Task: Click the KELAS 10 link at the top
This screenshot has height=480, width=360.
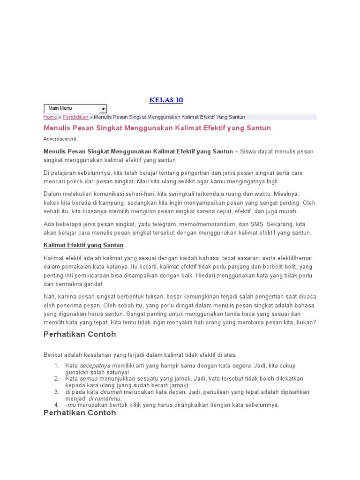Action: tap(166, 100)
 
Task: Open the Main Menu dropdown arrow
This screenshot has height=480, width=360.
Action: tap(103, 109)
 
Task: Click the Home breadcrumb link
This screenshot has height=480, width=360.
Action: tap(50, 117)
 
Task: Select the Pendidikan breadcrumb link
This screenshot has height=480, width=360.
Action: tap(75, 117)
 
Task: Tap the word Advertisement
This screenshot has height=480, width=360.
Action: tap(60, 139)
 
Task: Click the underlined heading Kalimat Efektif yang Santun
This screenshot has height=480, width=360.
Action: tap(83, 245)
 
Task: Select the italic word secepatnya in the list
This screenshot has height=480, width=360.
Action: tap(95, 366)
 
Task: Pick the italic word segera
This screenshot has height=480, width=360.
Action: tap(242, 366)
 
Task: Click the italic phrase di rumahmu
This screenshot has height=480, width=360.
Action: tap(105, 398)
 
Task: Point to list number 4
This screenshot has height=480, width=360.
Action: tap(56, 405)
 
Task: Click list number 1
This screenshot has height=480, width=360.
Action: tap(56, 366)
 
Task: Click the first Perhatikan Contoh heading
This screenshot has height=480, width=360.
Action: tap(80, 335)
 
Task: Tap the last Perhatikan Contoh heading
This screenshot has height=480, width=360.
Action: tap(80, 413)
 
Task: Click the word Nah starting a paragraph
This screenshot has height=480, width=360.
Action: tap(49, 297)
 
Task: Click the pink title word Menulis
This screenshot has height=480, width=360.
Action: tap(56, 128)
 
